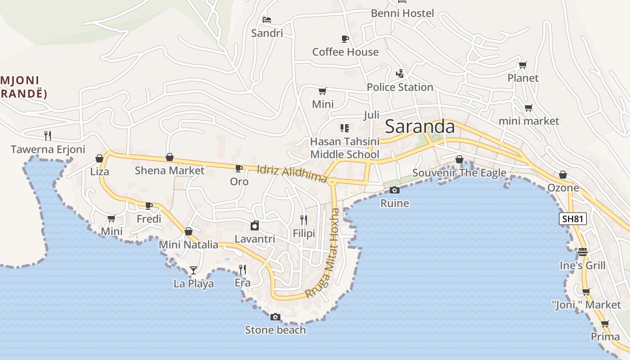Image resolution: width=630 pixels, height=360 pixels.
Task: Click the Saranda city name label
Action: click(420, 126)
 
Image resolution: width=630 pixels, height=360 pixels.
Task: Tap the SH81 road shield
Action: click(573, 219)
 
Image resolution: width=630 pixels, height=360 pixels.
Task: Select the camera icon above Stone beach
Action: click(275, 317)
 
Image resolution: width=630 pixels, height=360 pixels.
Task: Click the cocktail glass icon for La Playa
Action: click(193, 270)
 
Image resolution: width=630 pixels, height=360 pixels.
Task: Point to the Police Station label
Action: click(400, 87)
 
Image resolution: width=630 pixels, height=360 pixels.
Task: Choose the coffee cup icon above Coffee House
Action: click(345, 39)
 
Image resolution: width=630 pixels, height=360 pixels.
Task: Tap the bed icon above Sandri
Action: click(267, 19)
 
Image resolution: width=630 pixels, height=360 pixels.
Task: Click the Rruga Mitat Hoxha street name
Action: click(322, 253)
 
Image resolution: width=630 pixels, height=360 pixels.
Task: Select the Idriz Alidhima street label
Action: click(292, 174)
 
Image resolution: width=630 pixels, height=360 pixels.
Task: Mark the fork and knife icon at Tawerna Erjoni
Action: click(48, 135)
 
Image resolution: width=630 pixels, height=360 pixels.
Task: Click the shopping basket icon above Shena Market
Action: click(170, 157)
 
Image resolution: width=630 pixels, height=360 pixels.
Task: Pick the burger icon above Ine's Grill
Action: click(583, 252)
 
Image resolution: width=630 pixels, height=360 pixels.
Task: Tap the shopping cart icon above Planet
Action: click(522, 65)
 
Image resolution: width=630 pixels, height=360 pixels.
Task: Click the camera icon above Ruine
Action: click(395, 190)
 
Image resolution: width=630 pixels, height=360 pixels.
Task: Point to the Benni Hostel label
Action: click(402, 13)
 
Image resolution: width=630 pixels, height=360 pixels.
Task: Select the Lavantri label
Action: click(255, 239)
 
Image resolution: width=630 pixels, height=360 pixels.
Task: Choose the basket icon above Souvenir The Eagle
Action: click(459, 159)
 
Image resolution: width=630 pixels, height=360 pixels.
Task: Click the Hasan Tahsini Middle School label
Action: click(345, 148)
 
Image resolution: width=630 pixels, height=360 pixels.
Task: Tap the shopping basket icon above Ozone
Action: click(563, 175)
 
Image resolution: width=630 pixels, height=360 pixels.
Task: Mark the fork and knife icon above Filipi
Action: click(304, 220)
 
